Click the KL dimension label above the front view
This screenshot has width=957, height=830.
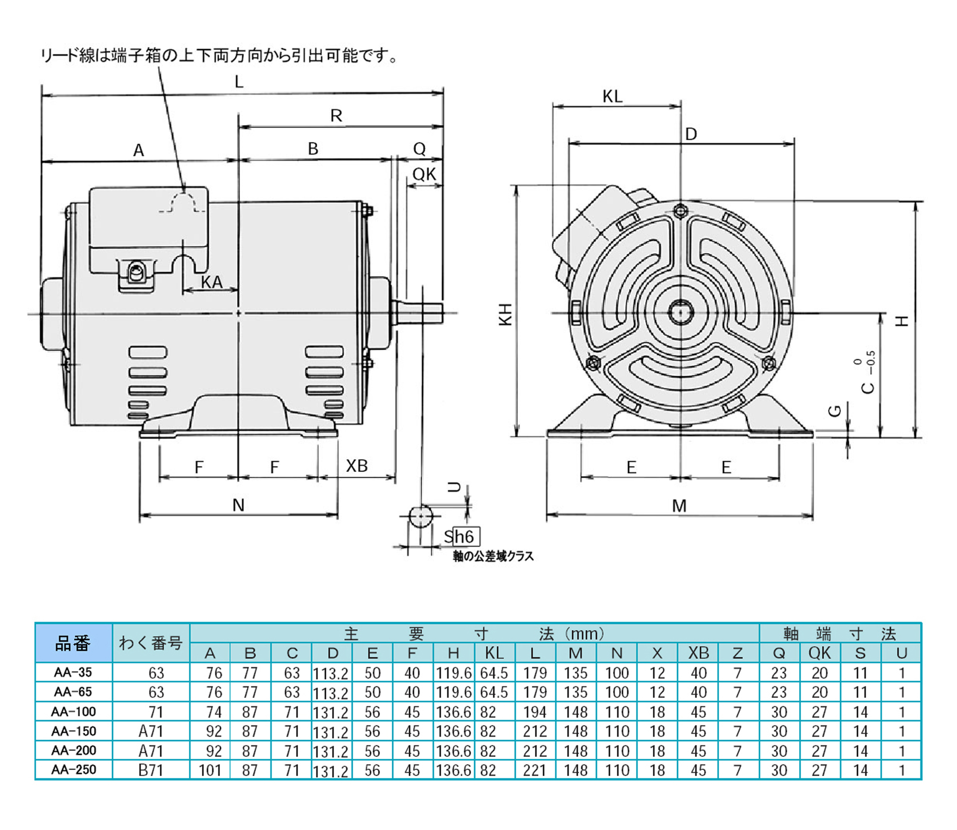(612, 96)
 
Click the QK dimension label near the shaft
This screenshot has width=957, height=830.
(424, 174)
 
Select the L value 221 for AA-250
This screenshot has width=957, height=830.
(535, 770)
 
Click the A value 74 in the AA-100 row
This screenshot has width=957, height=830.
(213, 712)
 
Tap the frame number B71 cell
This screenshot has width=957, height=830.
(151, 770)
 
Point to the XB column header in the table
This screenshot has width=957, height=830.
(698, 653)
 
